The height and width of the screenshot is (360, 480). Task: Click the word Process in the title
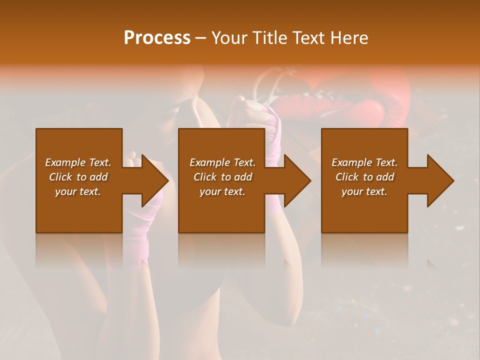157,38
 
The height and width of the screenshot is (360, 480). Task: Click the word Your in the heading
229,38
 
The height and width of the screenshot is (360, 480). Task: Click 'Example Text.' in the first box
78,162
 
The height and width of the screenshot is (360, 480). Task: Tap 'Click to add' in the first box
78,177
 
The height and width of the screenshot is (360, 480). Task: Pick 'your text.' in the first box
78,191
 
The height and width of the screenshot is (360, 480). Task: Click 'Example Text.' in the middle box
222,162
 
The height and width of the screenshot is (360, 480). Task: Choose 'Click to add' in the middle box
222,177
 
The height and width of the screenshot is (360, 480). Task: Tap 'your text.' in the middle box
222,191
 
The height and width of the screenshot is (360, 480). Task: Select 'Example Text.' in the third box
364,162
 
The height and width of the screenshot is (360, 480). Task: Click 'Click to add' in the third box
364,177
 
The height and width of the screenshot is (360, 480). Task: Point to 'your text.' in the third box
364,191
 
